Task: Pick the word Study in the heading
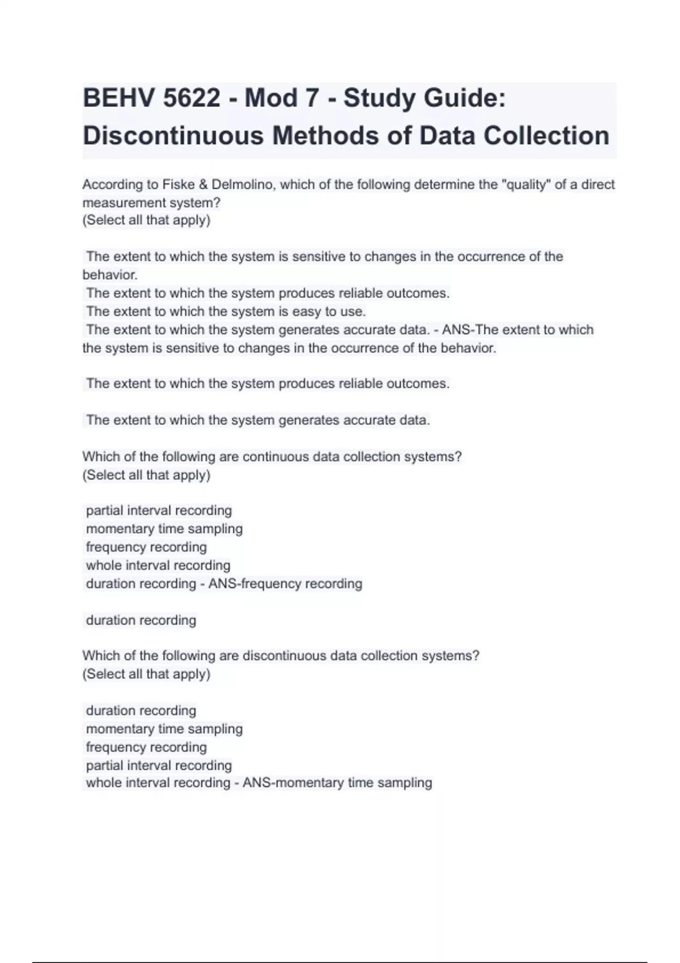click(x=379, y=99)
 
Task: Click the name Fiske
click(x=178, y=185)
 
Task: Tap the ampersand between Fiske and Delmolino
click(x=202, y=185)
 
